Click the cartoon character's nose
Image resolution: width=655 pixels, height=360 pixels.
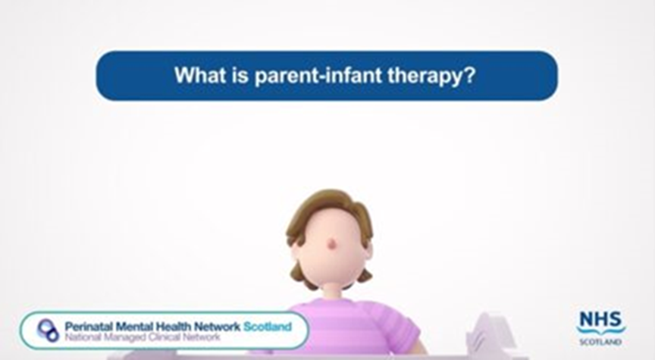tap(331, 243)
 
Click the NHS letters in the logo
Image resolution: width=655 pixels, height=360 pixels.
tap(601, 318)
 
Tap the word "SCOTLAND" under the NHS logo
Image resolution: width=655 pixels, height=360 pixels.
tap(601, 342)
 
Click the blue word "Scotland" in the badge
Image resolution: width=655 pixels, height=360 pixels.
tap(267, 326)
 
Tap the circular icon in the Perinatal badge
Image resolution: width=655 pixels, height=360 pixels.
tap(47, 330)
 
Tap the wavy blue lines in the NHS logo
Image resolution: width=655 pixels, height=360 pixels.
tap(601, 330)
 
